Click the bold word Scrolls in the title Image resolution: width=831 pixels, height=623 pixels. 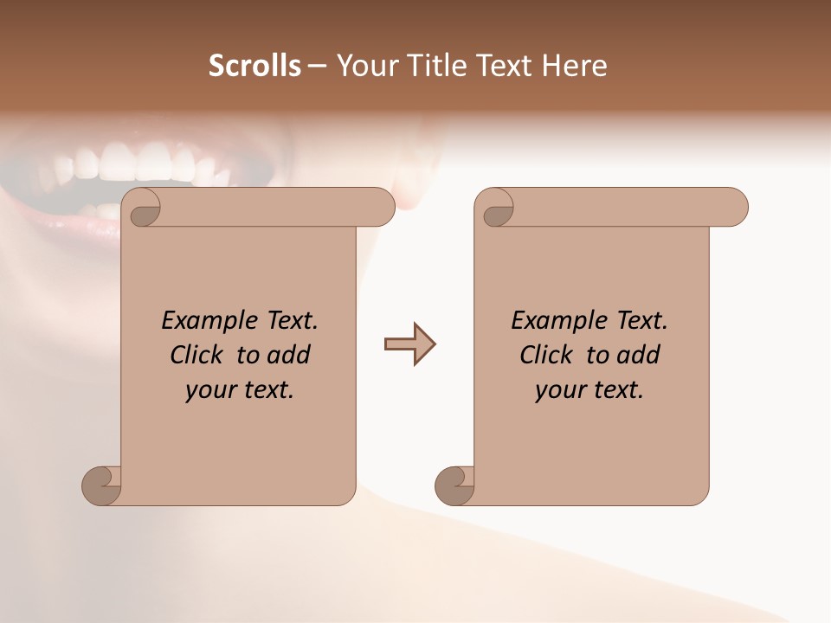[255, 66]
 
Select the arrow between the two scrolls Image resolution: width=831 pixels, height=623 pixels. [409, 344]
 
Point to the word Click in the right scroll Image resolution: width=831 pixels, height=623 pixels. [547, 355]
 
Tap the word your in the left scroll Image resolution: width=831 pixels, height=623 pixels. [209, 390]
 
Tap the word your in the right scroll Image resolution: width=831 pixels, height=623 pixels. [558, 390]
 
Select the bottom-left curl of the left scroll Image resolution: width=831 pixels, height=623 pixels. [101, 485]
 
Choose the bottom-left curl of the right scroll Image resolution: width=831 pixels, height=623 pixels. [454, 485]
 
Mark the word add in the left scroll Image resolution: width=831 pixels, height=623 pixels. [289, 355]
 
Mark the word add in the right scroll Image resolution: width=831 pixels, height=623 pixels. [639, 355]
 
